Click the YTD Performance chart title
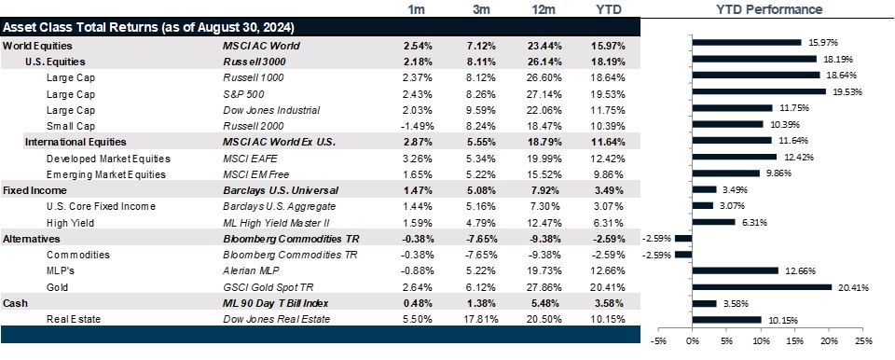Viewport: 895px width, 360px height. point(769,9)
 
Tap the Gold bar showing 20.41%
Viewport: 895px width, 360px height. point(762,286)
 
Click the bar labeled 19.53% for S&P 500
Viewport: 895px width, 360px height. point(759,91)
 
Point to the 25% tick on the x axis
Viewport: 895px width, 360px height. point(861,341)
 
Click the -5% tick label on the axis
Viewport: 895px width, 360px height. point(658,341)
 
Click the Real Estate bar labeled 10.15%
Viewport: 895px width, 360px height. point(726,320)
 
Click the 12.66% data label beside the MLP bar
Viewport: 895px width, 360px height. point(799,270)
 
